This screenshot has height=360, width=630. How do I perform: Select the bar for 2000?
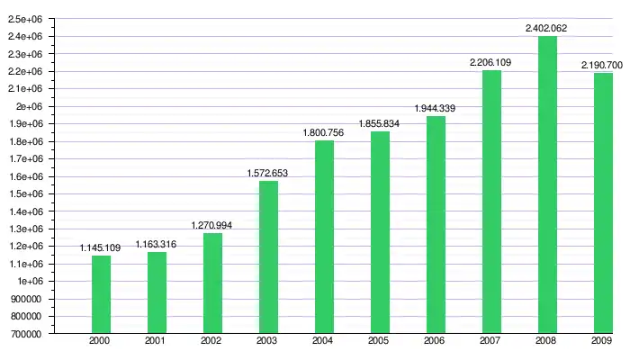coord(101,294)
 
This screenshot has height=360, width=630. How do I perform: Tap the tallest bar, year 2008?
coord(547,184)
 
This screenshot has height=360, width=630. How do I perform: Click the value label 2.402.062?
coord(547,29)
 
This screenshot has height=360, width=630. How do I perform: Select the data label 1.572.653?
coord(268,173)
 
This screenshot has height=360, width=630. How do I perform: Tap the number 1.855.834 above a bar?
coord(380,123)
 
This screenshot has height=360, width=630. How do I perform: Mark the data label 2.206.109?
coord(491,62)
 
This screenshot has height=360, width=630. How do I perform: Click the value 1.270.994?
coord(212,225)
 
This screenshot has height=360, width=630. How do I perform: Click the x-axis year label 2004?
coord(324,342)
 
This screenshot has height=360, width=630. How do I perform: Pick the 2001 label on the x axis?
coord(157,342)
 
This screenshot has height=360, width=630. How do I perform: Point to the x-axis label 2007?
coord(491,342)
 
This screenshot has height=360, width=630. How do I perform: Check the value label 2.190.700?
coord(603,66)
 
